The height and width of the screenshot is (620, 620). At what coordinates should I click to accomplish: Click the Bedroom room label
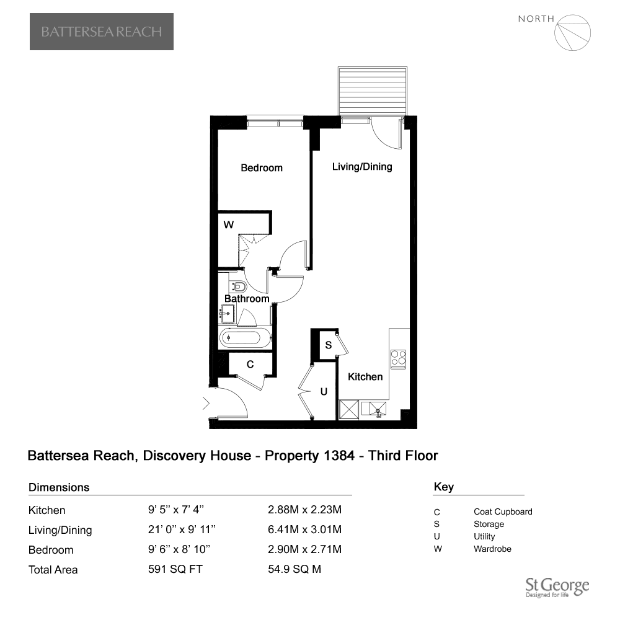coord(262,168)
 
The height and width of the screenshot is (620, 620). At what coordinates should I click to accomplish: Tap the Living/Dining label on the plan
coord(362,167)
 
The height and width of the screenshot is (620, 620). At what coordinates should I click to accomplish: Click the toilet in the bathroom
coord(239,286)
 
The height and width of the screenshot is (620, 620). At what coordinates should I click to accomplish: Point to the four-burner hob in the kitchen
coord(398,360)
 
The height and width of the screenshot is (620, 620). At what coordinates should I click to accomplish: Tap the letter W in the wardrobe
coord(229,225)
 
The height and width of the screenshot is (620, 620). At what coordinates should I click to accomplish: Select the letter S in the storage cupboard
coord(328,345)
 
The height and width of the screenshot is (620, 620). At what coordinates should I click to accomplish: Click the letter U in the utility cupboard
coord(324,392)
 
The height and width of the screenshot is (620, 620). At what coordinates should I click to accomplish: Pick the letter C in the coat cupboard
coord(250,364)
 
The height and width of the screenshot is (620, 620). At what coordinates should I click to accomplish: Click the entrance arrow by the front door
coord(206,404)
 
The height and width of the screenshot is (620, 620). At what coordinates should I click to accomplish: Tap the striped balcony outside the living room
coord(373,91)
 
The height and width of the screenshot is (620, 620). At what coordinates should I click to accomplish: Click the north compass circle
coord(572,33)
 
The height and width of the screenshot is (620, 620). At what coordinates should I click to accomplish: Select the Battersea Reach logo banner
coord(102,32)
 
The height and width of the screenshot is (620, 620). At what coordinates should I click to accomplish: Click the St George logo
coord(557,587)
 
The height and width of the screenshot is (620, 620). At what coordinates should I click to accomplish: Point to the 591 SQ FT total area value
coord(175,569)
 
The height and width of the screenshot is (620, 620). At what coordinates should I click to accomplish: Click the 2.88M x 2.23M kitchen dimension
coord(304,510)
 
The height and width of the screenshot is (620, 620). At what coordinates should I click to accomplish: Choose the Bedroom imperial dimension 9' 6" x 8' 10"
coord(179,549)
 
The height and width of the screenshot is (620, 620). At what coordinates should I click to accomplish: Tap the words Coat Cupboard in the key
coord(503,511)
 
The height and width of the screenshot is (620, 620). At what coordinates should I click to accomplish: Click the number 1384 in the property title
coord(339,456)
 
